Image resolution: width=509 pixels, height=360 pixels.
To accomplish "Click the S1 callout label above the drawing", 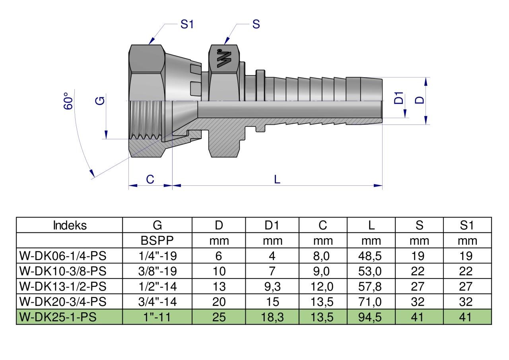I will (187, 24).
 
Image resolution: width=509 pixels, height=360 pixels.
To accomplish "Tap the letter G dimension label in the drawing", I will (101, 101).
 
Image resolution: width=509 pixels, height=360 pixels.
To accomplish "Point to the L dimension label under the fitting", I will (277, 179).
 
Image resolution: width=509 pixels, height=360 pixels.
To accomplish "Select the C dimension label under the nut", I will (150, 179).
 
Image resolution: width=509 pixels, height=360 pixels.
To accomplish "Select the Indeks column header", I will (69, 226).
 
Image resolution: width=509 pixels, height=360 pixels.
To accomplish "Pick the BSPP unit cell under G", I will (157, 241).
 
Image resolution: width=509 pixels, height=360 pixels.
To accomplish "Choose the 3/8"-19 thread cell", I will (157, 271).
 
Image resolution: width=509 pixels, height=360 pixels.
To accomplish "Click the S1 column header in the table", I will (467, 226).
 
